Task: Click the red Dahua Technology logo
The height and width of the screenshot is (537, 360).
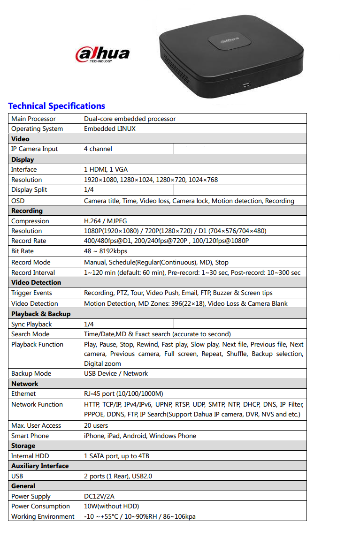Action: [102, 54]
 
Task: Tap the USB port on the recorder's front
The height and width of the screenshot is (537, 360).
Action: [246, 85]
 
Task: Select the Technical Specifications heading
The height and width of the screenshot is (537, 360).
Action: [56, 106]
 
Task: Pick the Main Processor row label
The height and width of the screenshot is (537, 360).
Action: [33, 119]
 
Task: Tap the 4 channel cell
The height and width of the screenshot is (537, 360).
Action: [98, 149]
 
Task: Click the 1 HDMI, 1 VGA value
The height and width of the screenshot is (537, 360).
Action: [106, 169]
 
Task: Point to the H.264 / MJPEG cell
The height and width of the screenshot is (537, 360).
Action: [105, 221]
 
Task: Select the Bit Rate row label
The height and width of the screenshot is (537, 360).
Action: [23, 251]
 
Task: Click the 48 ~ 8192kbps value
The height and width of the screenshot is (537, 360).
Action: [106, 251]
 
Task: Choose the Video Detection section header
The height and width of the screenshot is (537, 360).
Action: [36, 282]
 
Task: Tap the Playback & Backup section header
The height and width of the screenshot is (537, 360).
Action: [41, 314]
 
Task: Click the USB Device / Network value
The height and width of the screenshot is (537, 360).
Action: [116, 373]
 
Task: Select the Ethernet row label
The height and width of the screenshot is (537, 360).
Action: [23, 393]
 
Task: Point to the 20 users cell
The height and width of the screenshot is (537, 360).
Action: [96, 425]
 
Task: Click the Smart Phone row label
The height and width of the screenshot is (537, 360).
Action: [30, 436]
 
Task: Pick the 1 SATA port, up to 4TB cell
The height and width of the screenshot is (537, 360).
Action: [116, 456]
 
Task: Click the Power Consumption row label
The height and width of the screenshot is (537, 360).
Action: [40, 506]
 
